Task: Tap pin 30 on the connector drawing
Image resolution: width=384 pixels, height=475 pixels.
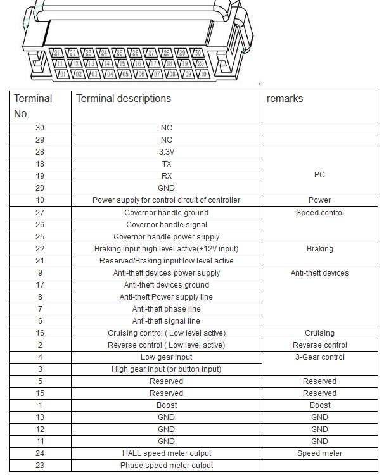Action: click(x=198, y=53)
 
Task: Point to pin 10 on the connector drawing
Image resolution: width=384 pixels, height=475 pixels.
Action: click(x=203, y=74)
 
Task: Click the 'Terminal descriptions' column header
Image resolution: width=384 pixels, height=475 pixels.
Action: click(x=124, y=99)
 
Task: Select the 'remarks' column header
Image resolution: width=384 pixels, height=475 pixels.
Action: click(x=285, y=99)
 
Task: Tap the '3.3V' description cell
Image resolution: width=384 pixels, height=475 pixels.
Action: click(x=166, y=152)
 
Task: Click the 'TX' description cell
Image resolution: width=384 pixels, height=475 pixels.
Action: click(x=166, y=164)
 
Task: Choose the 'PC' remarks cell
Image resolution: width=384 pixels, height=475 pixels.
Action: click(x=319, y=175)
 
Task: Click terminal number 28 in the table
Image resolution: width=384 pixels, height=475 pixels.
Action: click(x=40, y=152)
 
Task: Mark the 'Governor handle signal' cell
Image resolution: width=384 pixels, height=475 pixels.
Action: click(x=166, y=225)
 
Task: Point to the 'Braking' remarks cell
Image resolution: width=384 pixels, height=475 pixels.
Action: click(x=319, y=249)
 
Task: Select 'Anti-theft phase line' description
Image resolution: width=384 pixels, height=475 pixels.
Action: click(x=166, y=309)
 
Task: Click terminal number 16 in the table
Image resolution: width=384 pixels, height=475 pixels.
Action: click(x=40, y=333)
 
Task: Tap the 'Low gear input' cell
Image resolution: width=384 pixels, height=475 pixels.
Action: click(x=166, y=357)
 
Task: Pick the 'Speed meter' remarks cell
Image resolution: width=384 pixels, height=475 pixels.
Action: click(x=319, y=453)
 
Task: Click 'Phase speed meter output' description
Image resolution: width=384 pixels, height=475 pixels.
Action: click(x=166, y=465)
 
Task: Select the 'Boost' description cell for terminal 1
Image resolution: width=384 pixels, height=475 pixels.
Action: click(x=166, y=405)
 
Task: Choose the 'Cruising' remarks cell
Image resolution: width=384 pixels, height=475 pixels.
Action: click(x=319, y=333)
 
